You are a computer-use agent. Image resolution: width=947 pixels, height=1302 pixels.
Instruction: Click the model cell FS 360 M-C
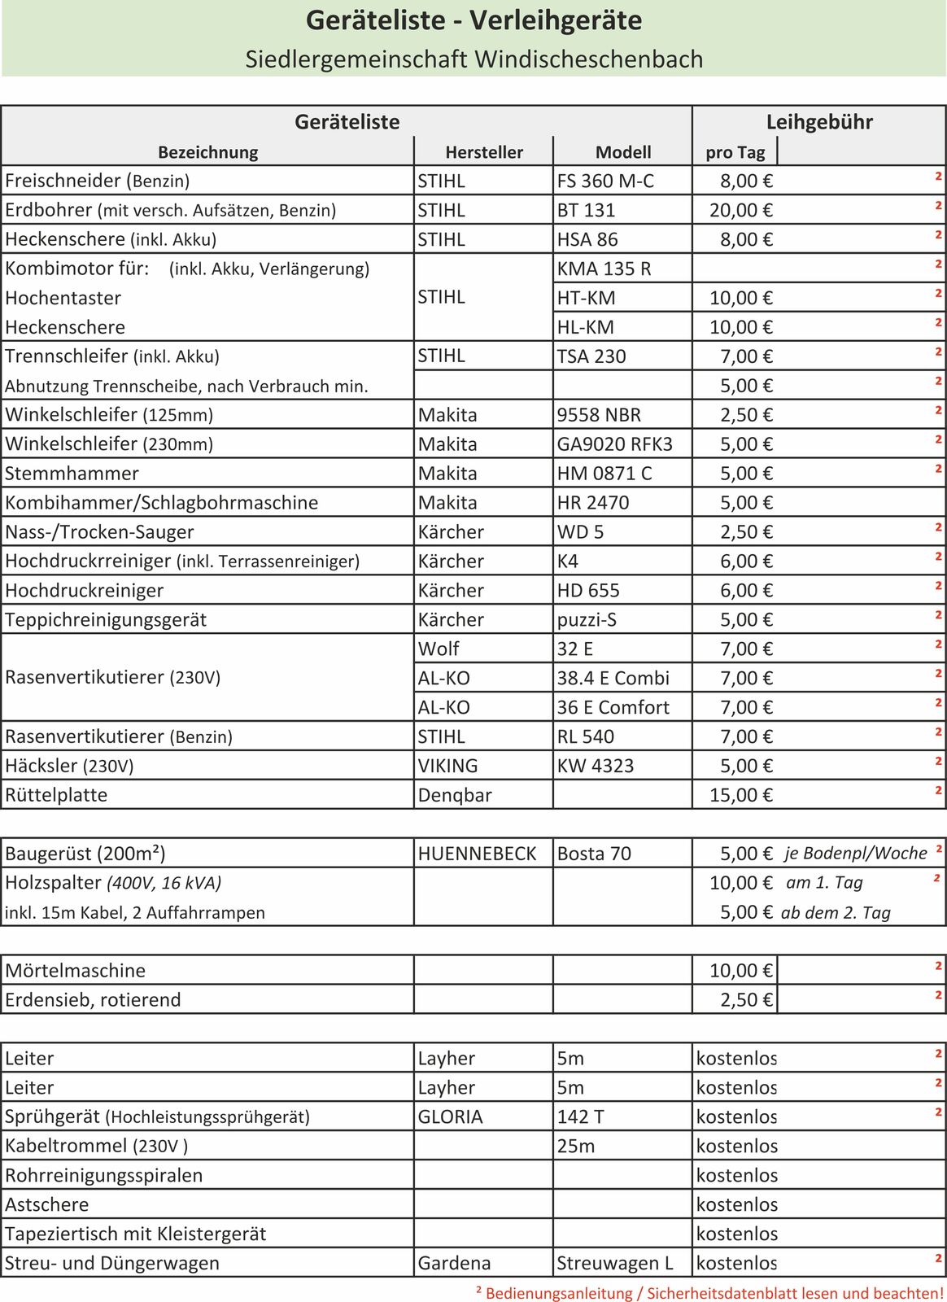point(605,181)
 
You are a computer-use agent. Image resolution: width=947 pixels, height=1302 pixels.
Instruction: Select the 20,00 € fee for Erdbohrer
point(740,210)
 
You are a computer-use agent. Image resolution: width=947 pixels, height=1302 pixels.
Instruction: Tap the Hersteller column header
point(484,152)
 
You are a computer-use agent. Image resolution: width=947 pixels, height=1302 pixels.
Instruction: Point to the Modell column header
point(623,152)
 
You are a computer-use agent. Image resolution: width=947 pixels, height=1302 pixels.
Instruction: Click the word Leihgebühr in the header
point(819,122)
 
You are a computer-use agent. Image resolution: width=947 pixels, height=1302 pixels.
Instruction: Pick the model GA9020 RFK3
point(614,444)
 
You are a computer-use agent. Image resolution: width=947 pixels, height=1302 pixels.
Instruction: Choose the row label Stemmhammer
point(72,474)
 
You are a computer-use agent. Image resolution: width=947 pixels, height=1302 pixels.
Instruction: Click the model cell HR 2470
point(593,503)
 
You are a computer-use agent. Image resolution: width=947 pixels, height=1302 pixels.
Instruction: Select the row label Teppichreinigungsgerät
point(106,620)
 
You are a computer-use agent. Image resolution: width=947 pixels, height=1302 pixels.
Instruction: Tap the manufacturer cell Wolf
point(439,649)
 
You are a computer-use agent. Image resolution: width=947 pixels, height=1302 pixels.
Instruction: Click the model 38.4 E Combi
point(613,679)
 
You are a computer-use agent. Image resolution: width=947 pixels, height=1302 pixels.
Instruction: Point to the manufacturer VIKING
point(447,767)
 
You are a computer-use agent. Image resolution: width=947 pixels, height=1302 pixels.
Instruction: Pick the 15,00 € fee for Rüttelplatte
point(740,796)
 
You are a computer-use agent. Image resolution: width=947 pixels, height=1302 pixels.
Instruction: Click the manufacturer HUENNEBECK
point(477,854)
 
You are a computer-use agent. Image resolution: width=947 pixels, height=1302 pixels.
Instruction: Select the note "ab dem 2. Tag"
point(836,913)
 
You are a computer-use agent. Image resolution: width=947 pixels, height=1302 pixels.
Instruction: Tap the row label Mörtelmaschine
point(75,972)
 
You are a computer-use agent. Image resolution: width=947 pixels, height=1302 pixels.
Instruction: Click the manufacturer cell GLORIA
point(450,1117)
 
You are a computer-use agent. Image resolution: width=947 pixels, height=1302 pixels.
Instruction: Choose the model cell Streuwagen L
point(615,1264)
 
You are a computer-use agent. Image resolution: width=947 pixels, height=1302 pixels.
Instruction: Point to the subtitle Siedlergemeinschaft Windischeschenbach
point(474,59)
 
